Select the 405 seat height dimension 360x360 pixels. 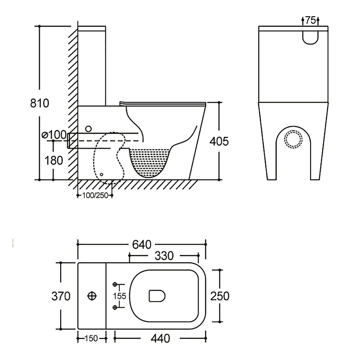pyautogui.click(x=219, y=141)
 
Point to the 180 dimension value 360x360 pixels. pyautogui.click(x=54, y=160)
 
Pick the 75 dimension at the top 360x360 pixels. pyautogui.click(x=310, y=20)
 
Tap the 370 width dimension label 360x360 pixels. pyautogui.click(x=61, y=296)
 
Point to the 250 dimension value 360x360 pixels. pyautogui.click(x=220, y=296)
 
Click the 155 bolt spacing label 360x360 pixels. pyautogui.click(x=120, y=296)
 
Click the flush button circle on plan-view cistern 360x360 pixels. pyautogui.click(x=92, y=296)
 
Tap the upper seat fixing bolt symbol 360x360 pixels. pyautogui.click(x=115, y=284)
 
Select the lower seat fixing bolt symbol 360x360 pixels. pyautogui.click(x=115, y=307)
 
